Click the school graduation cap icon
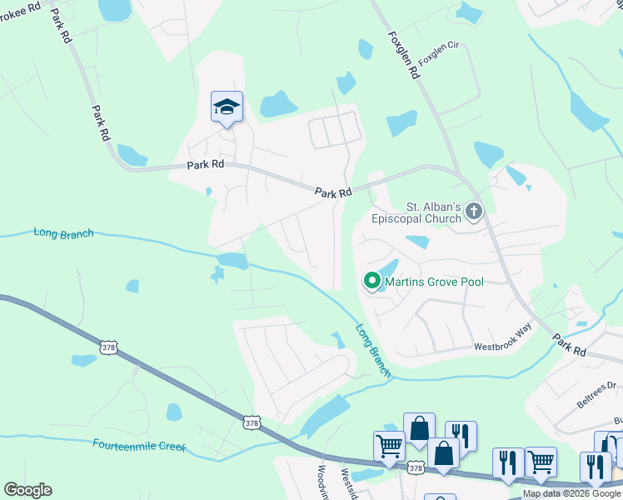227,107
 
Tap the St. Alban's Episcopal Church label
433,212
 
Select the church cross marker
474,212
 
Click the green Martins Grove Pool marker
371,282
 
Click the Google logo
27,490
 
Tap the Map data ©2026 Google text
571,493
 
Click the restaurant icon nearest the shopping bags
461,435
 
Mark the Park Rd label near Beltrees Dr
569,347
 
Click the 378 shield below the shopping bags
417,469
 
